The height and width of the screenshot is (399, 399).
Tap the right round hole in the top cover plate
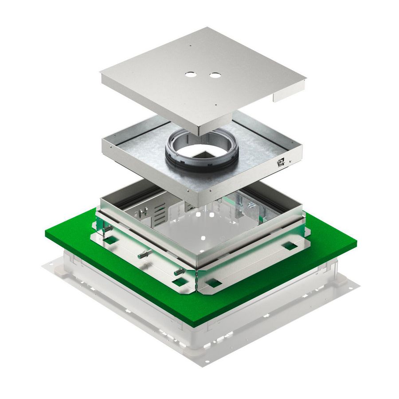215,75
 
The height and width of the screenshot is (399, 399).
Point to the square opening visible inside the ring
199,154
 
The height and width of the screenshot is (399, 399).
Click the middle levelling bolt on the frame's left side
145,255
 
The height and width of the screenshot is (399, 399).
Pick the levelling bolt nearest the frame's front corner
178,272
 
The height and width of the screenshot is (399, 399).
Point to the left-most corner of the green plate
46,232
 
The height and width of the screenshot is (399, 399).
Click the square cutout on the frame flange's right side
290,245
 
